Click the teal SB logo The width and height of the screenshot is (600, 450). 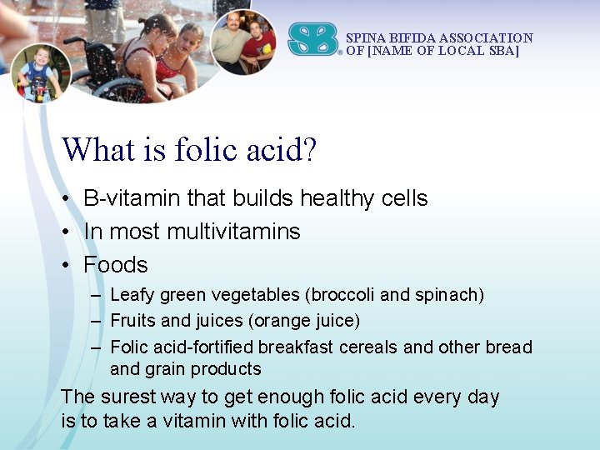click(x=313, y=39)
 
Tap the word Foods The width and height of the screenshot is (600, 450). click(x=116, y=265)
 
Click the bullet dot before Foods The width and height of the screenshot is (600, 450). click(x=64, y=266)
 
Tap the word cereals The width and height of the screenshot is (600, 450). click(x=368, y=347)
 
